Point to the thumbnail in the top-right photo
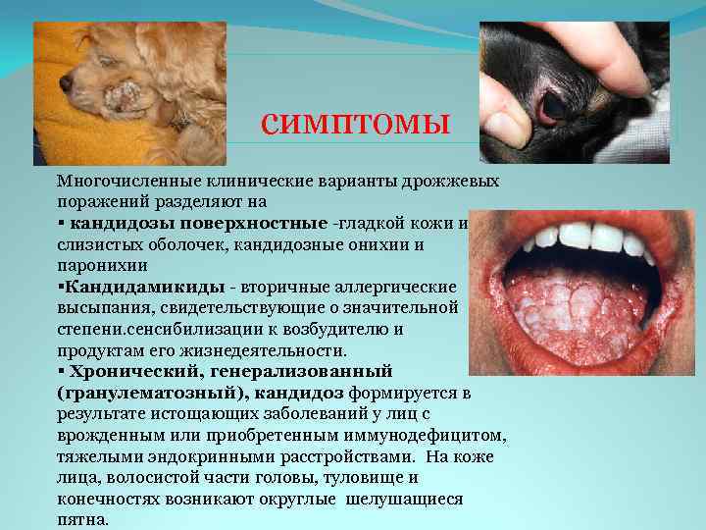pos(508,128)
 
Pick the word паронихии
pos(102,264)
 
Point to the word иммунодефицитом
pos(428,435)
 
